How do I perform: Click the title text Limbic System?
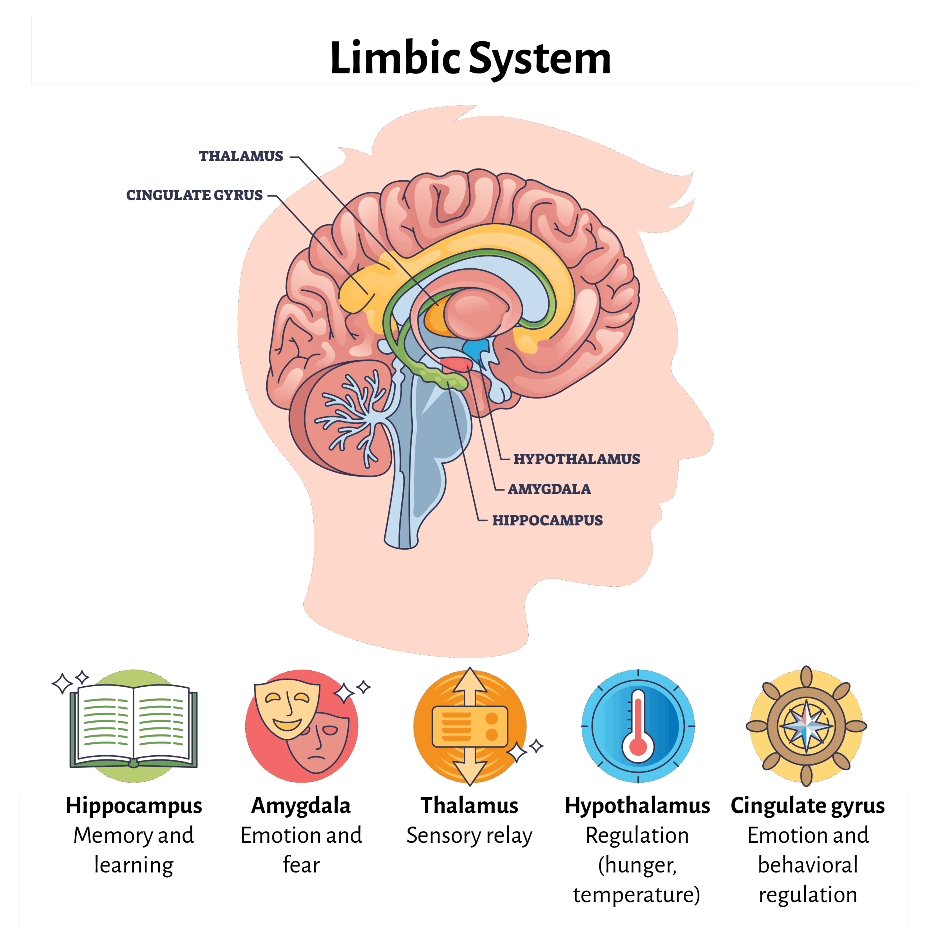tap(470, 58)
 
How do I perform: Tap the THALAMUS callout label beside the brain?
tap(241, 156)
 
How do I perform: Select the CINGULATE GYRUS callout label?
tap(195, 195)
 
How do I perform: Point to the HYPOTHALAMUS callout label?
tap(576, 459)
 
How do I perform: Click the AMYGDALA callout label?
tap(549, 489)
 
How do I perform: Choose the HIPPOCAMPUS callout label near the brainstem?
tap(547, 520)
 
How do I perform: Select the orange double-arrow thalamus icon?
tap(470, 726)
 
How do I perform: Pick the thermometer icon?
tap(638, 726)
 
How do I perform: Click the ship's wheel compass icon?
tap(806, 726)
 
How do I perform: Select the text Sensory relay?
tap(470, 836)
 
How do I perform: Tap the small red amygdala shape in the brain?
tap(456, 363)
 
